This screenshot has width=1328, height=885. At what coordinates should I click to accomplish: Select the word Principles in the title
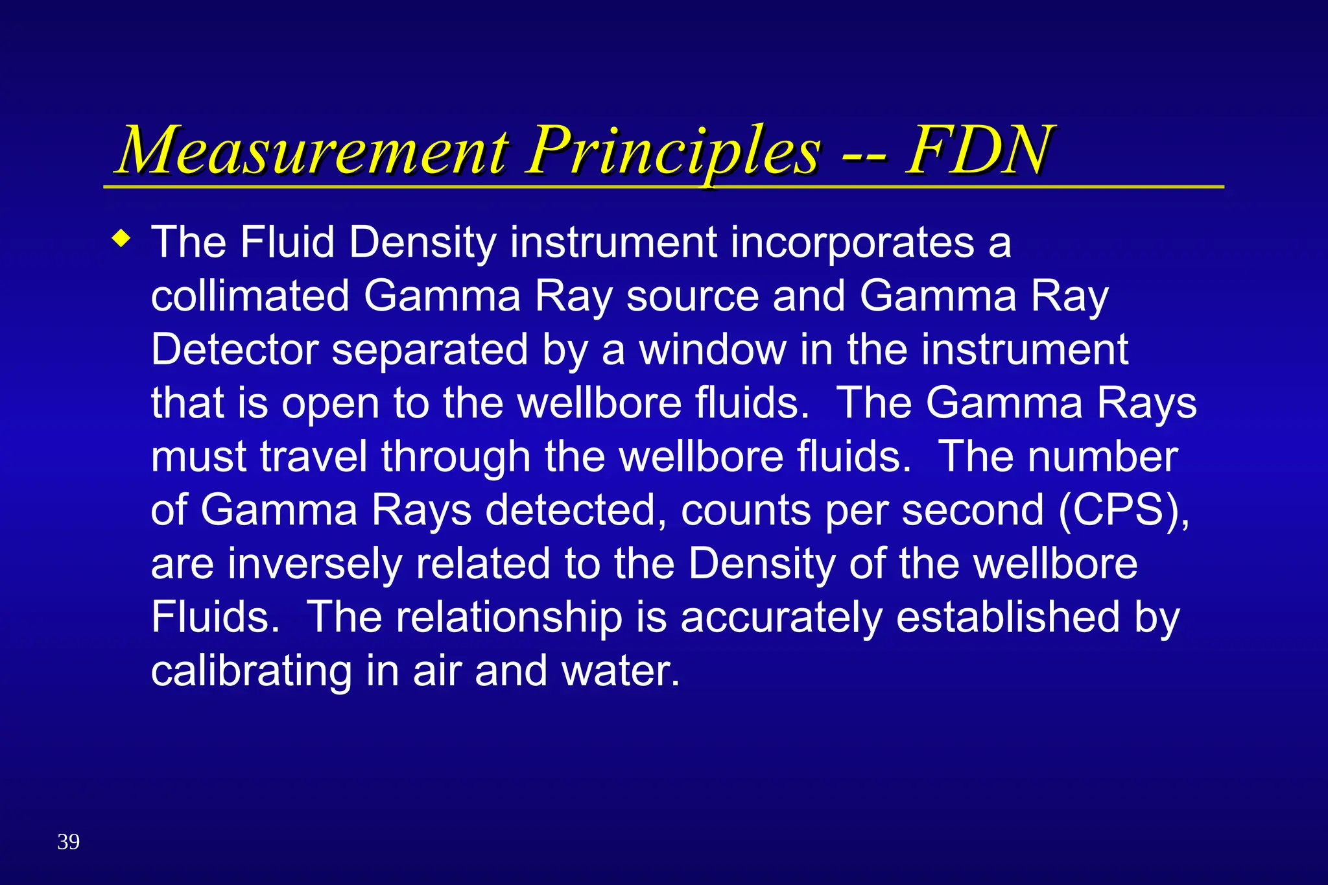(674, 152)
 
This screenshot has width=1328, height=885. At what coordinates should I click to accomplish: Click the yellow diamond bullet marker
(121, 239)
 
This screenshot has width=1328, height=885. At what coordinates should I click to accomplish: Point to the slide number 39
(68, 842)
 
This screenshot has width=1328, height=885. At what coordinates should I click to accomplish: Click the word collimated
(250, 296)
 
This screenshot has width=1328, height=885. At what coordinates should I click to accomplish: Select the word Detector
(235, 350)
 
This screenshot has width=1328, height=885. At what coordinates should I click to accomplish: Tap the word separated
(430, 350)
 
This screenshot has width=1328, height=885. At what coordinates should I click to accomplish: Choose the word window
(713, 350)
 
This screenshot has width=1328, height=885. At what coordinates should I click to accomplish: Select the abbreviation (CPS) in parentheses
(1124, 510)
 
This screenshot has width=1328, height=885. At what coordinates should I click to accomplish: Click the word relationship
(509, 617)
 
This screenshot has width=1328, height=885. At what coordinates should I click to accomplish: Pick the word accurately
(781, 617)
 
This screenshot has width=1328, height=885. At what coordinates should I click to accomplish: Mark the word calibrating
(252, 671)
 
